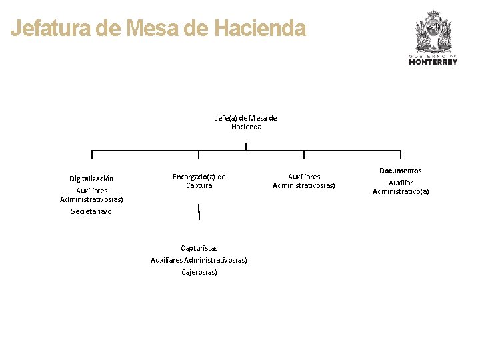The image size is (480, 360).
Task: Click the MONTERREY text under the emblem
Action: (433, 62)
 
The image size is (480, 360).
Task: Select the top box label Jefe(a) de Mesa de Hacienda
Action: (246, 122)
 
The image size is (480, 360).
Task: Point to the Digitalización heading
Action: (91, 179)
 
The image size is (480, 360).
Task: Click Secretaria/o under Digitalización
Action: (91, 211)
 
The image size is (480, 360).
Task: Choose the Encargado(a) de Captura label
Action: (199, 181)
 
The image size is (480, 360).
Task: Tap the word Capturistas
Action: (199, 248)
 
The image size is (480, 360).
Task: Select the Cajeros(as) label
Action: (199, 272)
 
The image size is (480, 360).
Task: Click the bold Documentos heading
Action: (401, 171)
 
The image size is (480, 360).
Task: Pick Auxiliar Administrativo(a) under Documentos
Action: (401, 187)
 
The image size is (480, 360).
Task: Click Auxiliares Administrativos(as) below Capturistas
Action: (199, 260)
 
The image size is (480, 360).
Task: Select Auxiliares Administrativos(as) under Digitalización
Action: (91, 195)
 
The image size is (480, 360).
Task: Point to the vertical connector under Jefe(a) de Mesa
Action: (246, 147)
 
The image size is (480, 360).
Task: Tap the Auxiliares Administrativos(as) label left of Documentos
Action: (304, 181)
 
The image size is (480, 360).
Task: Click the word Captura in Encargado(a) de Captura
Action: (199, 185)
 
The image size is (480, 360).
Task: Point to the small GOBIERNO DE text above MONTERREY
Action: (433, 55)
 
